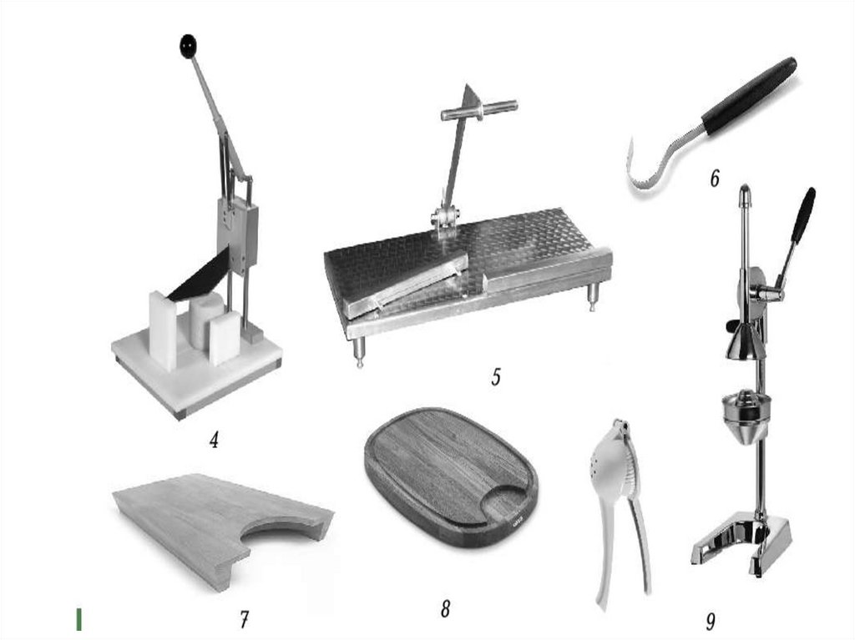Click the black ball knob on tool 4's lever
[x=188, y=47]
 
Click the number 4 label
[x=215, y=440]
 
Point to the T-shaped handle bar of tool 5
[x=479, y=110]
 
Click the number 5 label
[x=496, y=376]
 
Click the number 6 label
[x=715, y=179]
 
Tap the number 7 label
[x=245, y=619]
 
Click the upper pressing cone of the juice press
[x=742, y=340]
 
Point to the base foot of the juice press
[x=741, y=541]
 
